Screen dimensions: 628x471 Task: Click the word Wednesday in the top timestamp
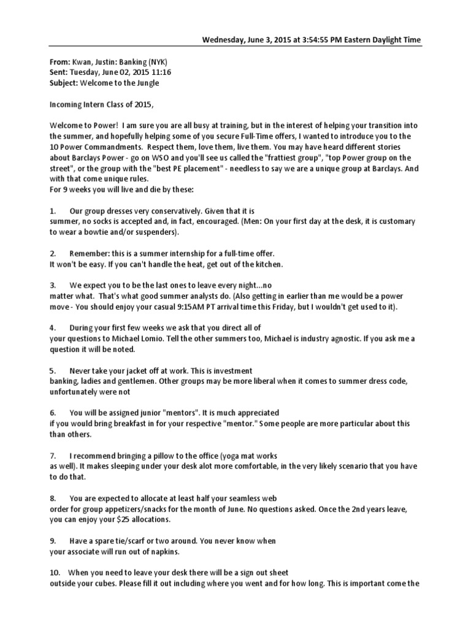click(x=224, y=40)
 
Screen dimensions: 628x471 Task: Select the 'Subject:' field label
click(x=65, y=82)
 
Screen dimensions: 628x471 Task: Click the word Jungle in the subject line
click(x=150, y=82)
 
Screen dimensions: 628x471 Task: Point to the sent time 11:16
click(x=161, y=72)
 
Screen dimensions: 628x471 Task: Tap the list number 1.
click(x=52, y=211)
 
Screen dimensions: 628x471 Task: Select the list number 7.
click(x=52, y=456)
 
